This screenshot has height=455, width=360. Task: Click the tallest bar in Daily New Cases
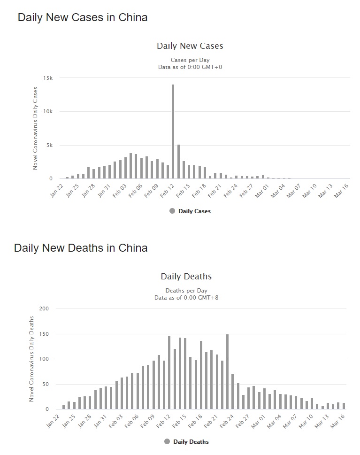coord(173,131)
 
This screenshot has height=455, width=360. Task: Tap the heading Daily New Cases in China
coord(83,18)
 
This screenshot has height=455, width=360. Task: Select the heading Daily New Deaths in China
coord(81,248)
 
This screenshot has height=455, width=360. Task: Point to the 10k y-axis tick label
coord(48,112)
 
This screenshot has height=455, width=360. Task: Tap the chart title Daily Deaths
coord(186,276)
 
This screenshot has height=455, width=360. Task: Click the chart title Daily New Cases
coord(190,46)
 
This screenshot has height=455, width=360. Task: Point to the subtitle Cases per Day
coord(190,60)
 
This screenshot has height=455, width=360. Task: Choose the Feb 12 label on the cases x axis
coord(168,191)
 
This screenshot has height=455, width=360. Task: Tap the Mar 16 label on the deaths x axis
coord(340,421)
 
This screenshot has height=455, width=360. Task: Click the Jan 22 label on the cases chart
coord(56,191)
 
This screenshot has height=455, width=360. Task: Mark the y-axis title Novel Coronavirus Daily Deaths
coord(32,359)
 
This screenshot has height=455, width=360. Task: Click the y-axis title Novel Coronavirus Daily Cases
coord(35,128)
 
